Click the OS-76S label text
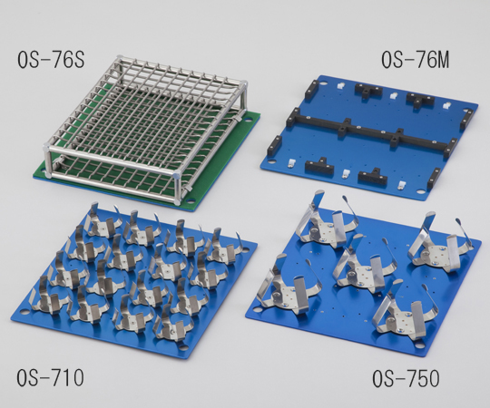(x=51, y=59)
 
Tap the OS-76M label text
(x=415, y=60)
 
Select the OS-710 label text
(x=50, y=377)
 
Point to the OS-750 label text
(x=406, y=378)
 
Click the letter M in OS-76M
(x=441, y=60)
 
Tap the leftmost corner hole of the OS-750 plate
(x=257, y=310)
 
